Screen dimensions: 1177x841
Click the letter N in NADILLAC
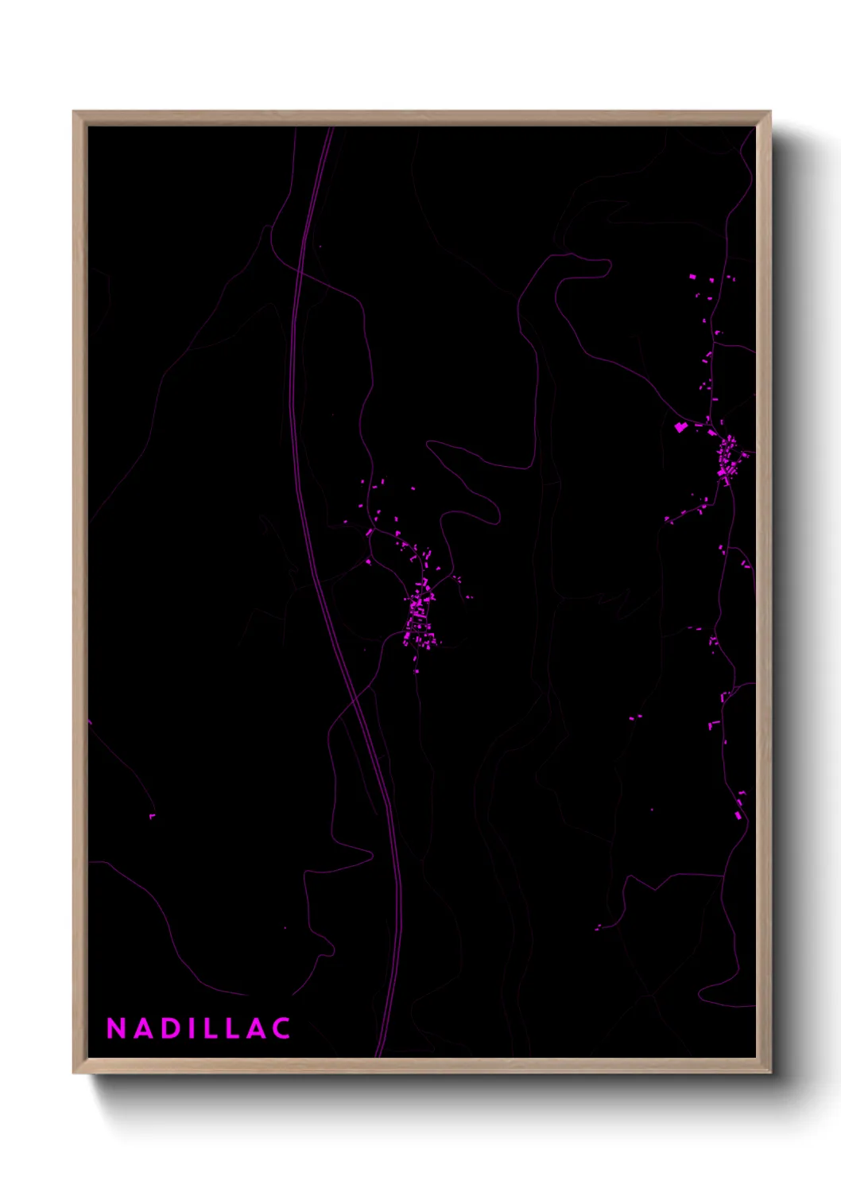point(116,1028)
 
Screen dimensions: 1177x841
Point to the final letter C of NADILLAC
point(281,1028)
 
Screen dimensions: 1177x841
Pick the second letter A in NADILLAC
point(255,1028)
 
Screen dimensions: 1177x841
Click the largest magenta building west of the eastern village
point(680,428)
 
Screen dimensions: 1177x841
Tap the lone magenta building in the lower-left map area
point(152,816)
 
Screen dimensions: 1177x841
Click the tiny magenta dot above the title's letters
point(285,927)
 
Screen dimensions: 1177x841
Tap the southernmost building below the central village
point(417,671)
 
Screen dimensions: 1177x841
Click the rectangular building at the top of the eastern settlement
point(692,276)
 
